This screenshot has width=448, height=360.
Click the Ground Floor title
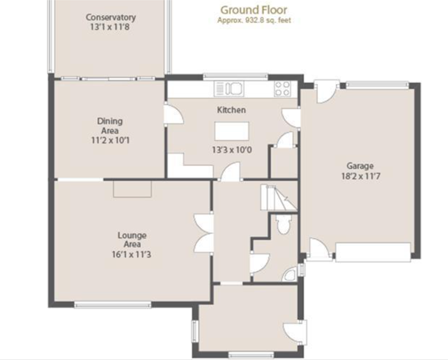click(253, 10)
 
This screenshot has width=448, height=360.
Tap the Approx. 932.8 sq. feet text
click(253, 20)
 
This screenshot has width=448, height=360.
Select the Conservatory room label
click(110, 17)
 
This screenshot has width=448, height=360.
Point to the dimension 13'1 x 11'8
click(110, 28)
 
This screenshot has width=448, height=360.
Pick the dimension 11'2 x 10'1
click(110, 140)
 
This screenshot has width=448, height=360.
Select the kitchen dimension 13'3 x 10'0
click(231, 150)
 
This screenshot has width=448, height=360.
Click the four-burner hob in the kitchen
click(283, 89)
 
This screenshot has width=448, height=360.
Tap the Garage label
click(360, 166)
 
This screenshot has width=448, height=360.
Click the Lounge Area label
click(132, 240)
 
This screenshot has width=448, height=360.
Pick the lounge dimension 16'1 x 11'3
click(132, 254)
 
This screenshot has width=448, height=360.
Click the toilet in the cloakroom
click(282, 225)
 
